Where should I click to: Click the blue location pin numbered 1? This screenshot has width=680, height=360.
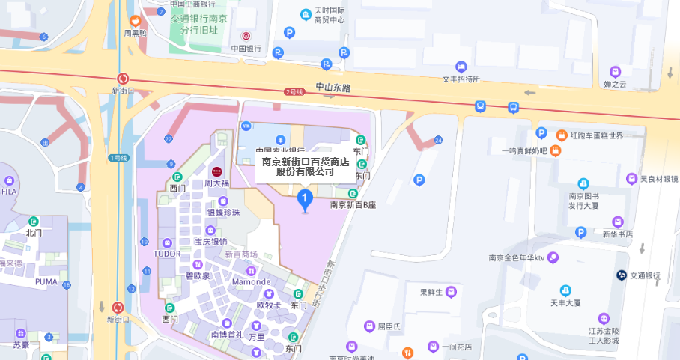305,199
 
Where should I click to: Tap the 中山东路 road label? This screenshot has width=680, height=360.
333,88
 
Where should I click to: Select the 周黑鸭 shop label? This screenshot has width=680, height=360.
136,33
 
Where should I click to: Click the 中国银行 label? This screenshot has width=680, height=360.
246,49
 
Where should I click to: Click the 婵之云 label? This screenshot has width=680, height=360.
615,83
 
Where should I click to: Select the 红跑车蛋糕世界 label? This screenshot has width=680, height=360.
597,135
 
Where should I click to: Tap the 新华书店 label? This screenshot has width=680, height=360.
618,234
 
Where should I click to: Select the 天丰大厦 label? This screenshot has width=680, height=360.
566,303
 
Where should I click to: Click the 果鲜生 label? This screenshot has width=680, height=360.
431,292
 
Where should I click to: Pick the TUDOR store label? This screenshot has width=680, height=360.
166,254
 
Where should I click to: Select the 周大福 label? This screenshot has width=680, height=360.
216,183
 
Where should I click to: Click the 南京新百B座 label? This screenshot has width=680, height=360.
353,204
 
